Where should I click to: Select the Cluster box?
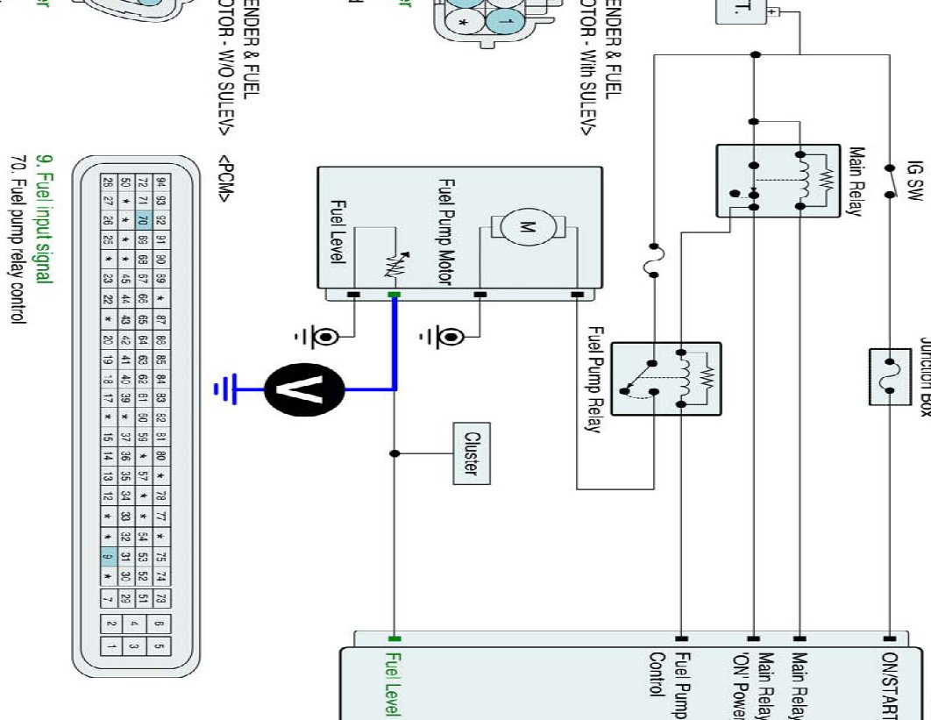pyautogui.click(x=471, y=453)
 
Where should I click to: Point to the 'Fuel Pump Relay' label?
pyautogui.click(x=595, y=380)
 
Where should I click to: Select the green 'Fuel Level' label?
pyautogui.click(x=394, y=685)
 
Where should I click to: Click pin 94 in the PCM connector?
pyautogui.click(x=161, y=182)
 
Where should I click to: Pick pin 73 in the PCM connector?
pyautogui.click(x=161, y=598)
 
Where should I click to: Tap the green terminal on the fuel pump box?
pyautogui.click(x=394, y=296)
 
